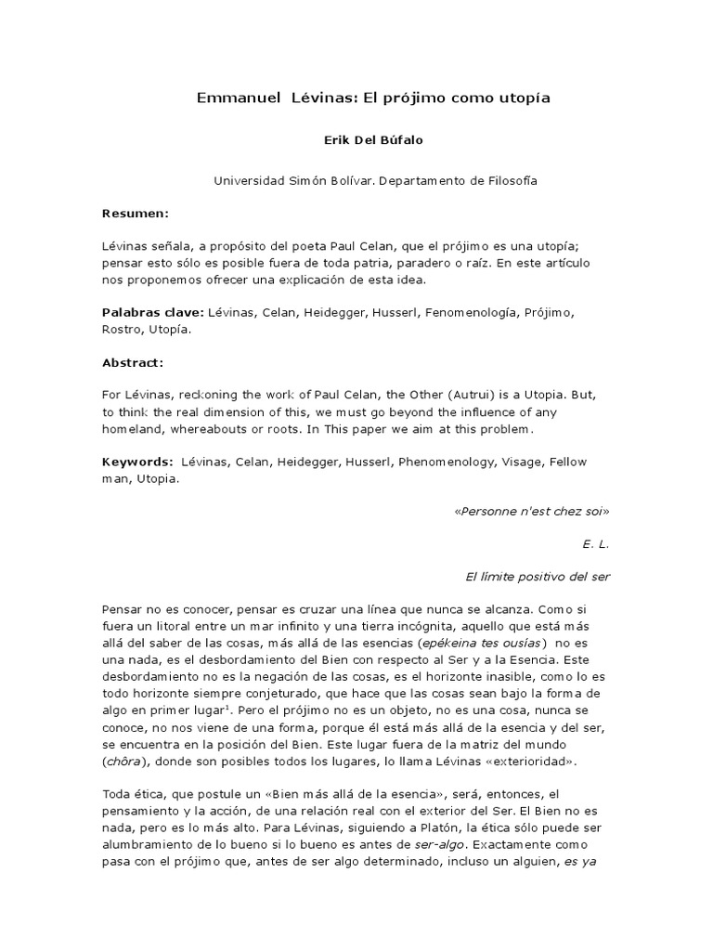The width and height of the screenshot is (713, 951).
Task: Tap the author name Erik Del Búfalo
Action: [356, 139]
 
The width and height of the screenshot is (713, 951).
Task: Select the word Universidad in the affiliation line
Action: [249, 181]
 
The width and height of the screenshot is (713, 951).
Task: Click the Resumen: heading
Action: [136, 214]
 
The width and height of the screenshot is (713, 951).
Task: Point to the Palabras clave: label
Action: [152, 313]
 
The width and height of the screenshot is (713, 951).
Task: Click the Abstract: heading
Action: [133, 363]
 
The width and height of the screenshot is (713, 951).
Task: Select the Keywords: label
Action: [137, 462]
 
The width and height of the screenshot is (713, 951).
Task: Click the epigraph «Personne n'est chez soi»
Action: [532, 511]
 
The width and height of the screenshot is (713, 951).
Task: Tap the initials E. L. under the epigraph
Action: [596, 543]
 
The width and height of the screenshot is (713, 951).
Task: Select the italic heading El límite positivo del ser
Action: [538, 577]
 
